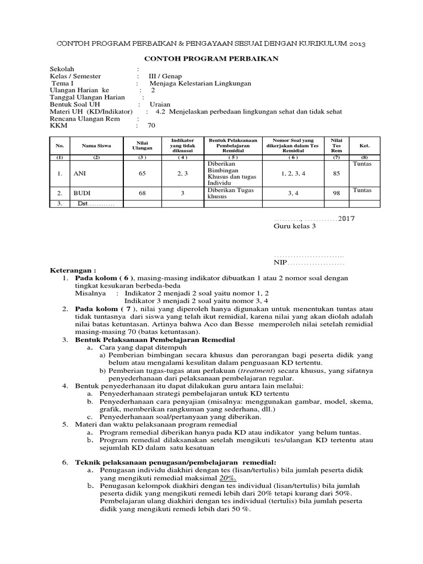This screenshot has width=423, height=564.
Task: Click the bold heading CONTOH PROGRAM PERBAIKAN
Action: (x=211, y=59)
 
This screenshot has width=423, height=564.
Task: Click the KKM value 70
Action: (x=151, y=126)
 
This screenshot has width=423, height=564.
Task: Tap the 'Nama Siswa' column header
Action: (x=96, y=146)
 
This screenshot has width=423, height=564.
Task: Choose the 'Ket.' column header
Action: (x=364, y=146)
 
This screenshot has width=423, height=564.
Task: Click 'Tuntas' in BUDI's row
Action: (x=362, y=190)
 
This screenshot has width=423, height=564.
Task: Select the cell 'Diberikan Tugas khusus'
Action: (x=227, y=193)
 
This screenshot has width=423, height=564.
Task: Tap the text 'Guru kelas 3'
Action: (x=295, y=227)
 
